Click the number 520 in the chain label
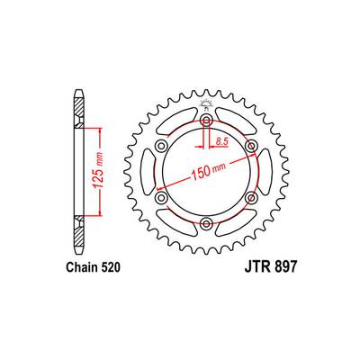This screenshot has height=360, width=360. [110, 267]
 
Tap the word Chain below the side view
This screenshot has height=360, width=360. [82, 267]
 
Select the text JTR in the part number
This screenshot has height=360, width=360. [256, 267]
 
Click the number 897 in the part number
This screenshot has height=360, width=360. [284, 267]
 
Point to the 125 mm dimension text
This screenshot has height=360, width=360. [98, 171]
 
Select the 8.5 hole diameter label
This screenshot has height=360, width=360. [222, 141]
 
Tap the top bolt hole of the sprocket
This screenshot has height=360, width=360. [206, 121]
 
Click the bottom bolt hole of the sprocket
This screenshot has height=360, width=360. [206, 223]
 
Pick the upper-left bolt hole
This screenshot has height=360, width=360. [162, 147]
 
